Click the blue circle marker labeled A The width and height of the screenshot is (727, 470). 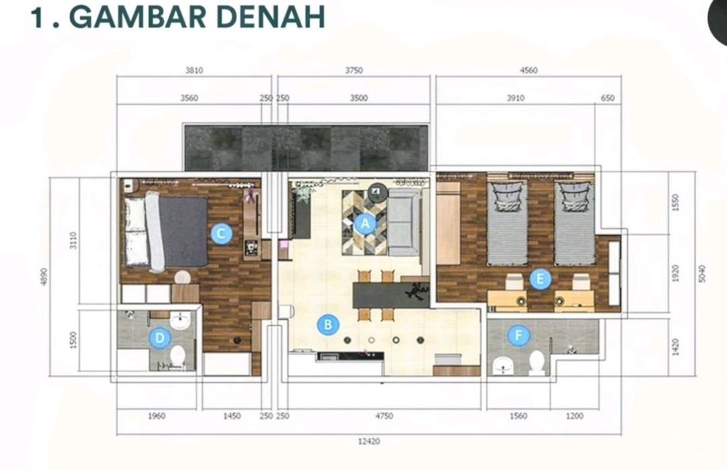pyautogui.click(x=366, y=224)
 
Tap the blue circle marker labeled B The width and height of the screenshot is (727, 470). pyautogui.click(x=328, y=325)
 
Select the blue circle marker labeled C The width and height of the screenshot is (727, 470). pyautogui.click(x=221, y=234)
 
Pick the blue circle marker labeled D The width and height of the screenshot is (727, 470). pyautogui.click(x=160, y=338)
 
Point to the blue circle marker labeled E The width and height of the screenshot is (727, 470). pyautogui.click(x=540, y=279)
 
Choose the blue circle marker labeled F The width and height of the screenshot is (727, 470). pyautogui.click(x=519, y=335)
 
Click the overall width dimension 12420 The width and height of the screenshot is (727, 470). pyautogui.click(x=369, y=441)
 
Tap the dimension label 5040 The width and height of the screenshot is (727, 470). pyautogui.click(x=701, y=274)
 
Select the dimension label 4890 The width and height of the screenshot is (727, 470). pyautogui.click(x=44, y=277)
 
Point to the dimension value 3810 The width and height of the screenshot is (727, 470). pyautogui.click(x=195, y=71)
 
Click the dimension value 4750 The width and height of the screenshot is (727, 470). pyautogui.click(x=384, y=416)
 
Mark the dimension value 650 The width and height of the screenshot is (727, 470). pyautogui.click(x=607, y=98)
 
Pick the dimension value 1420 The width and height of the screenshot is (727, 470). pyautogui.click(x=675, y=347)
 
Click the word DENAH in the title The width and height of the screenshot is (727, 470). pyautogui.click(x=271, y=18)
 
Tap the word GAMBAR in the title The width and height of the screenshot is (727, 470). pyautogui.click(x=137, y=18)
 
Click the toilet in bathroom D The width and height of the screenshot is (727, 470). pyautogui.click(x=178, y=356)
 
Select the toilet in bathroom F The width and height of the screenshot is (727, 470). pyautogui.click(x=537, y=362)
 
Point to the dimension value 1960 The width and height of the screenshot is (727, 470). pyautogui.click(x=157, y=416)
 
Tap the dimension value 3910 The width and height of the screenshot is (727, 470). pyautogui.click(x=516, y=98)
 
